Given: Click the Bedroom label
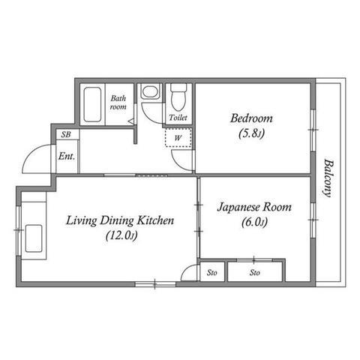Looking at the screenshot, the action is [x=251, y=118].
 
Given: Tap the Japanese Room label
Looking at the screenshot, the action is [x=254, y=208].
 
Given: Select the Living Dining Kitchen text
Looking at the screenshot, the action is [x=120, y=220].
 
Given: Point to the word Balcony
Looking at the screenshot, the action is [x=328, y=178].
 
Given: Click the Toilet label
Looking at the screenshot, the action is [x=178, y=118].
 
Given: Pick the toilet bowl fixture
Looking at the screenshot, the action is [x=178, y=97].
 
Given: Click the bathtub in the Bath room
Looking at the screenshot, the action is [x=92, y=104].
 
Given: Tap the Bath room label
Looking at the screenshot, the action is [x=118, y=103].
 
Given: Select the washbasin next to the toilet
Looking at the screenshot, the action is [x=150, y=91].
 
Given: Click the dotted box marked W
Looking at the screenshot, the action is [x=178, y=138].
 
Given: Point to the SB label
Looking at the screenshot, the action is [x=66, y=134].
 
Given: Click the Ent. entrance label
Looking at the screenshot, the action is [x=67, y=157].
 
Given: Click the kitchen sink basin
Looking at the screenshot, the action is [x=34, y=238].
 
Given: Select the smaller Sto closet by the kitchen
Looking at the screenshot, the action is [x=212, y=272].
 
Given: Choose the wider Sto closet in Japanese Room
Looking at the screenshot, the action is [x=255, y=272].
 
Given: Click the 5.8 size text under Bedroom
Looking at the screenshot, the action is [x=251, y=133].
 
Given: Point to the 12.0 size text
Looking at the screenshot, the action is [x=121, y=235].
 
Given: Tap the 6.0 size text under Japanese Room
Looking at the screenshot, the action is [x=254, y=222].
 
